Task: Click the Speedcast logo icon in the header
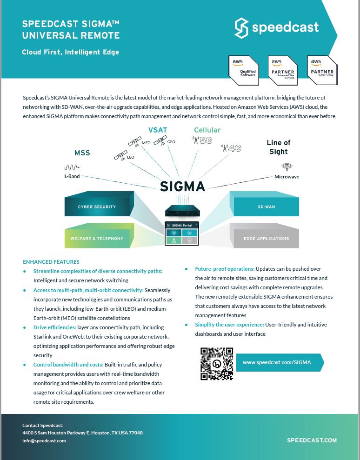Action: click(241, 28)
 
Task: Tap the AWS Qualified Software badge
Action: click(244, 70)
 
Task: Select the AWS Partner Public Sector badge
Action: click(322, 70)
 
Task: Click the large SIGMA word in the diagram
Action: click(182, 187)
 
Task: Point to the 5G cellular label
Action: click(202, 140)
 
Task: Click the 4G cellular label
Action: click(231, 148)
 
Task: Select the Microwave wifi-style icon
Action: click(287, 167)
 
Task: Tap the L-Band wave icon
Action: click(72, 167)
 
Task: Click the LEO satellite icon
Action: click(120, 155)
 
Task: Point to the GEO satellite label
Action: click(171, 142)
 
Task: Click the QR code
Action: click(217, 364)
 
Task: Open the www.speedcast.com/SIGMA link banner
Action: click(280, 362)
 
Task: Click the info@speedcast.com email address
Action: click(44, 440)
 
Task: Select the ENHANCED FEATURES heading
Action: click(51, 262)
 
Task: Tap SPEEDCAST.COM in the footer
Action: click(312, 440)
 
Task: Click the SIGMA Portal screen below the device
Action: click(182, 233)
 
